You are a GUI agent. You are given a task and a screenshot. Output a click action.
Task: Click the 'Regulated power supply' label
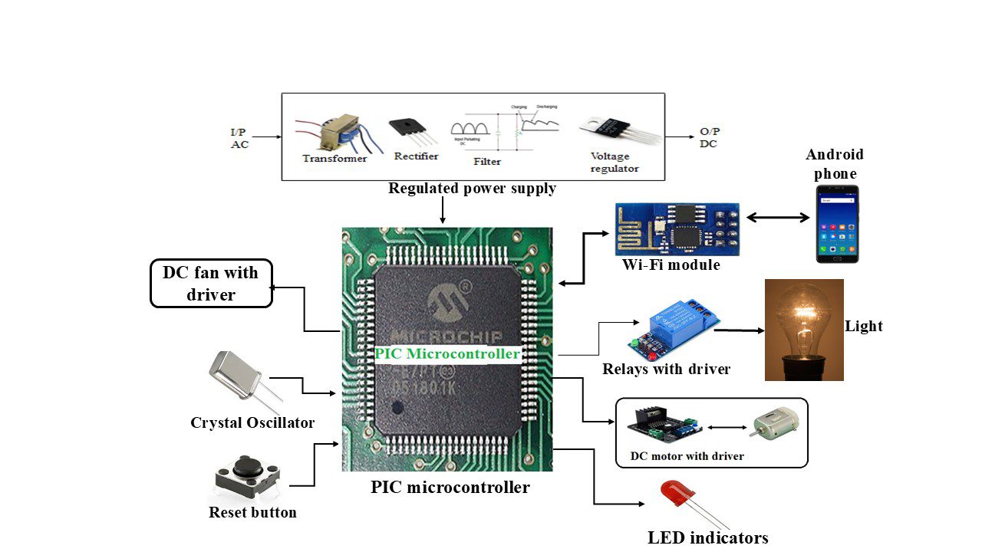pos(472,189)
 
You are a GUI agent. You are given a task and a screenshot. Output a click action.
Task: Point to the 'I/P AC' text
pos(239,138)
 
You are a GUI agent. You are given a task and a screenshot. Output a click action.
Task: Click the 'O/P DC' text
pos(710,138)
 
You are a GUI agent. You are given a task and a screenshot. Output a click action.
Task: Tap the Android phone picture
pos(837,224)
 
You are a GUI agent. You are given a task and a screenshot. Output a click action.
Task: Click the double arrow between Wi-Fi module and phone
pos(778,218)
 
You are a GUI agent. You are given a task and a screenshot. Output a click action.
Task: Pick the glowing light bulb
pos(804,330)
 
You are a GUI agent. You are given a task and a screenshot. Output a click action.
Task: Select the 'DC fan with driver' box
pos(211,283)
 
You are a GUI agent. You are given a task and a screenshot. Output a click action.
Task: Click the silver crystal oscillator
pos(235,376)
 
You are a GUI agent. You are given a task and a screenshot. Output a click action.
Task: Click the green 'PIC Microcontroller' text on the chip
pos(447,354)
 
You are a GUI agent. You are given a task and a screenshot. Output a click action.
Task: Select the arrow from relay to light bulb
pos(741,330)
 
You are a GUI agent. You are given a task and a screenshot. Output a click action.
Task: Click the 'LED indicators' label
pos(707,537)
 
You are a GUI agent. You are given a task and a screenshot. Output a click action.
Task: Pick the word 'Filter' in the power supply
pos(487,162)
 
